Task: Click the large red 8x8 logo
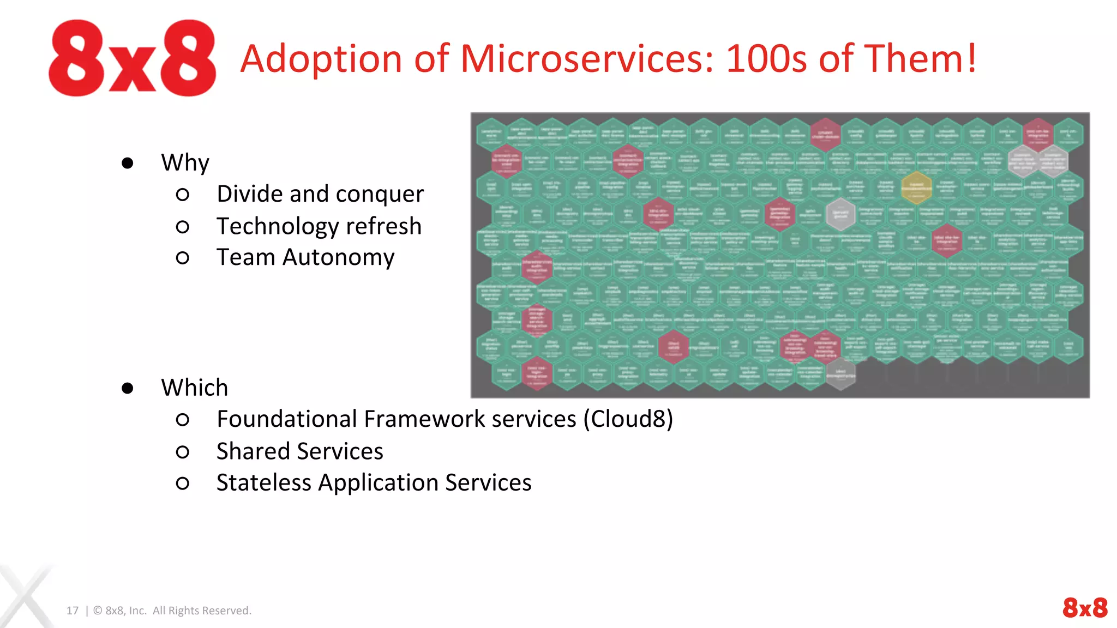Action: click(132, 58)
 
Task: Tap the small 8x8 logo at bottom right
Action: click(1084, 607)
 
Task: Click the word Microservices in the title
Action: click(587, 59)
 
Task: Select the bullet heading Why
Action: click(185, 162)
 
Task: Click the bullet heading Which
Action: click(194, 388)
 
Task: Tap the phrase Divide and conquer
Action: click(320, 194)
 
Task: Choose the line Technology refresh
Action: click(319, 226)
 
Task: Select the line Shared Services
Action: click(299, 451)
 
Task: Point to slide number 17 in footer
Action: click(73, 611)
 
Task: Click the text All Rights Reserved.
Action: click(202, 611)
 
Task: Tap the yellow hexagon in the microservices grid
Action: click(916, 187)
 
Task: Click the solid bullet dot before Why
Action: click(128, 163)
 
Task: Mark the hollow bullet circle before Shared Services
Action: click(183, 452)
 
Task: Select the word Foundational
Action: click(287, 419)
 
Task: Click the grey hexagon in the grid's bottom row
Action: click(840, 374)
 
